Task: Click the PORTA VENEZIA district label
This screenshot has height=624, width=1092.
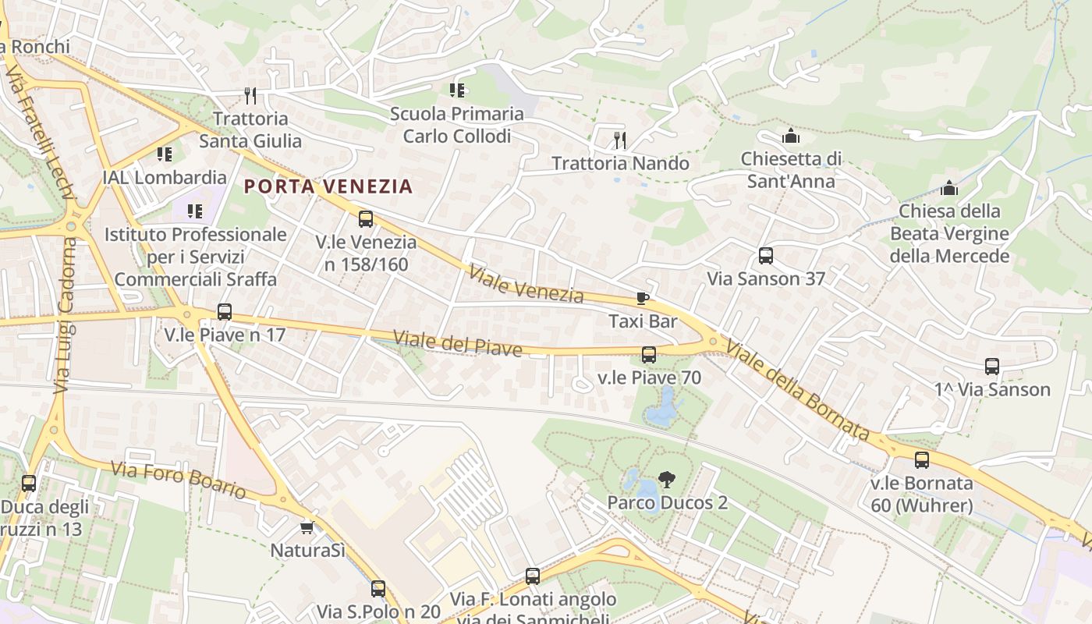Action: pyautogui.click(x=328, y=186)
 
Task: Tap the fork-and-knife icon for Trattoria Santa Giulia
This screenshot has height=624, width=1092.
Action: pyautogui.click(x=250, y=96)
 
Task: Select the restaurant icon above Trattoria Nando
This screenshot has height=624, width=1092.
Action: pyautogui.click(x=620, y=140)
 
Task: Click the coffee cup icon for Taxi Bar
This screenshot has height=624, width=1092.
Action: pyautogui.click(x=642, y=298)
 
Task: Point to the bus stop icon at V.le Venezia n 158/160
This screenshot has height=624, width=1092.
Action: pyautogui.click(x=366, y=219)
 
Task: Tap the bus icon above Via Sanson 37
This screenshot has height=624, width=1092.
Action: pyautogui.click(x=766, y=256)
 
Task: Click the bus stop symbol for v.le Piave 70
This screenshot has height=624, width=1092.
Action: pyautogui.click(x=649, y=355)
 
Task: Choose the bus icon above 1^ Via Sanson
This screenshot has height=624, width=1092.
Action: pyautogui.click(x=992, y=367)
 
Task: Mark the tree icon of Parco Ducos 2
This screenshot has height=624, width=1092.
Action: pyautogui.click(x=666, y=480)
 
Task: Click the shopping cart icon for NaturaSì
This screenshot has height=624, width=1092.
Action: pyautogui.click(x=307, y=528)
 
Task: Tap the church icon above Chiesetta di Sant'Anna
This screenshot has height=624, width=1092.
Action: pyautogui.click(x=791, y=136)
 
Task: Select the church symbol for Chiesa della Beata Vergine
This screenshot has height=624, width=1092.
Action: pyautogui.click(x=949, y=188)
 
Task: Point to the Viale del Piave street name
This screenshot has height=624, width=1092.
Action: pyautogui.click(x=457, y=343)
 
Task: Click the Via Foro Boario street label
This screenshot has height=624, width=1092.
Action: pyautogui.click(x=179, y=480)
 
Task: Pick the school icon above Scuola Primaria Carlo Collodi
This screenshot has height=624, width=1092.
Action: pyautogui.click(x=457, y=90)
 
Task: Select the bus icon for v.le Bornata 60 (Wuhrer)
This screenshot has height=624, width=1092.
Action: pyautogui.click(x=922, y=460)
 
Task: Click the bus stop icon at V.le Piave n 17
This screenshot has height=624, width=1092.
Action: pyautogui.click(x=225, y=312)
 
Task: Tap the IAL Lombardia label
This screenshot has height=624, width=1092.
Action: pyautogui.click(x=165, y=177)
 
